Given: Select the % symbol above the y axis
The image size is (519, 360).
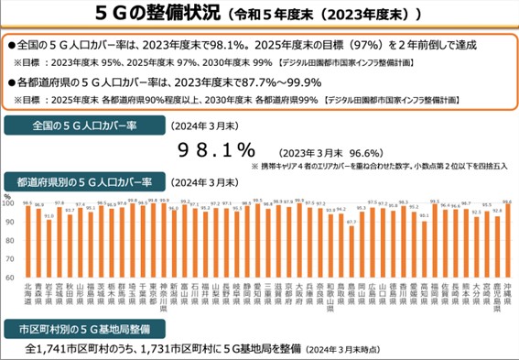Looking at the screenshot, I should [x=7, y=194].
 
